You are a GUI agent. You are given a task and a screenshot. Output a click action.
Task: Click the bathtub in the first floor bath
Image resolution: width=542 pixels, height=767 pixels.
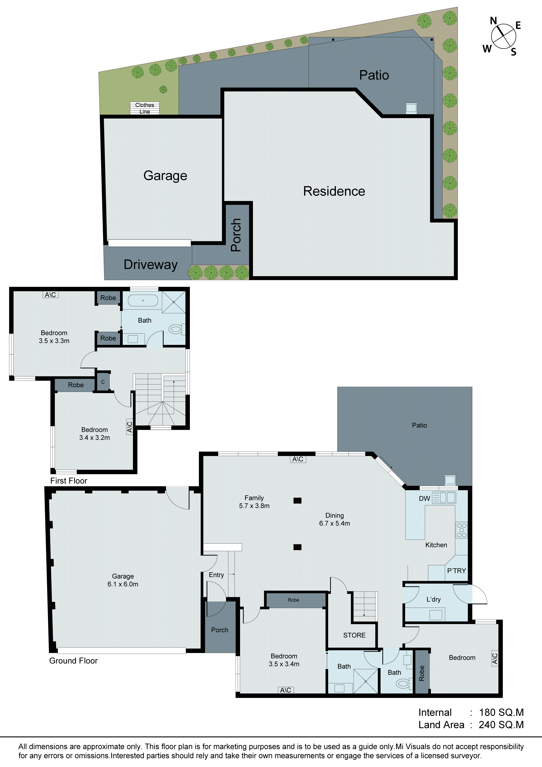point(143,300)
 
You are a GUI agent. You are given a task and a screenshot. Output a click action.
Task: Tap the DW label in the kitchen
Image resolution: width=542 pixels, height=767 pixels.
point(424,498)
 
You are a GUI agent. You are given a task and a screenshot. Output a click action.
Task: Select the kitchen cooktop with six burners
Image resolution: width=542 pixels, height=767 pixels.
point(462,530)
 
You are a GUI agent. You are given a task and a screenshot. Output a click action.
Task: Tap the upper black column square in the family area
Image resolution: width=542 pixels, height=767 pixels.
point(297,500)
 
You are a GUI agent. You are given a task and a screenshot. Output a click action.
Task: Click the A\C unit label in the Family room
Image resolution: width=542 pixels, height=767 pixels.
point(298,459)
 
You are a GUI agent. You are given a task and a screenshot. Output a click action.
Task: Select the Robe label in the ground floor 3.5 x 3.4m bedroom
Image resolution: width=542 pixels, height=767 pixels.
point(293,600)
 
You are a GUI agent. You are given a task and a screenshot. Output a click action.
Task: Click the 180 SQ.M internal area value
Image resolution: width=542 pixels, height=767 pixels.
point(501,712)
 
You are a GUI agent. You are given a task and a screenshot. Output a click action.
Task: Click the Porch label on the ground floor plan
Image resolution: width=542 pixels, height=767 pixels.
point(220,630)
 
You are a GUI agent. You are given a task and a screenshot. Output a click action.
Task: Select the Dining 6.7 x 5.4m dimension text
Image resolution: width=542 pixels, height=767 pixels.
point(335,523)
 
